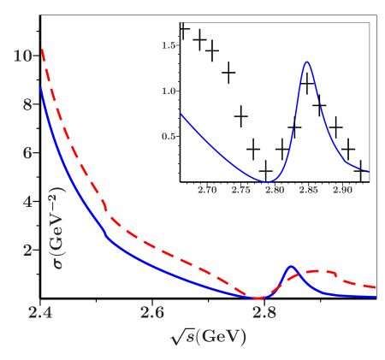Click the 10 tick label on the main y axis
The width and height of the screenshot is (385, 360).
(23, 56)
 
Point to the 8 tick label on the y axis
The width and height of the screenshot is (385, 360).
(27, 104)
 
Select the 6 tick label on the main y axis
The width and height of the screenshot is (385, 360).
(27, 153)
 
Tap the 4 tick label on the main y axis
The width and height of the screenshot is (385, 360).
(27, 202)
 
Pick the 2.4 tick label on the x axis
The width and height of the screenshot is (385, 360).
(40, 314)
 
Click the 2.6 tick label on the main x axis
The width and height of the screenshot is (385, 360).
(152, 314)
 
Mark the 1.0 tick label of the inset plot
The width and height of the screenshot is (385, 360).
(169, 91)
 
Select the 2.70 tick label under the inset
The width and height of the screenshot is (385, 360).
(207, 190)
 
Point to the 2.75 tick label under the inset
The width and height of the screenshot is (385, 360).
(241, 190)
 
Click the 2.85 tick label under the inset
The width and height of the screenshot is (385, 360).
(309, 190)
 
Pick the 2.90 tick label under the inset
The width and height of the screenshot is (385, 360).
(343, 190)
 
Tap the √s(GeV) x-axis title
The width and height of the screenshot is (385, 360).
(208, 336)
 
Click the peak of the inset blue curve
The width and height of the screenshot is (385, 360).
(306, 62)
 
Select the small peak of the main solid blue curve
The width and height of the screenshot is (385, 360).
(292, 266)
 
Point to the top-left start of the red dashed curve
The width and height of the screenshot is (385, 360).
(41, 43)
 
